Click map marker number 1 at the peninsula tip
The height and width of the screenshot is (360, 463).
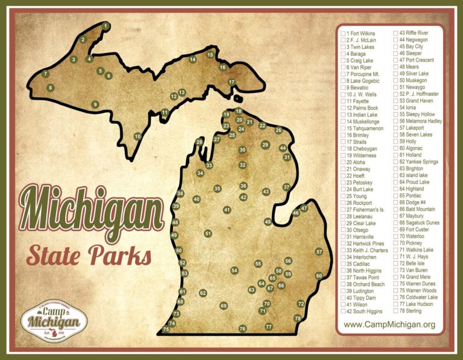(x=106, y=26)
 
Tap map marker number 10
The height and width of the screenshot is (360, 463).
(x=137, y=136)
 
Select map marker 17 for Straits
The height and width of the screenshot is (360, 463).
(x=231, y=82)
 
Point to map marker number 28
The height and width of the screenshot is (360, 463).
(x=199, y=142)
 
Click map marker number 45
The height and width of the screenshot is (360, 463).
(x=268, y=222)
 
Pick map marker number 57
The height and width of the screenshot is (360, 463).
(x=319, y=251)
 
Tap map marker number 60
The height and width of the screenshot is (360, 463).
(x=319, y=276)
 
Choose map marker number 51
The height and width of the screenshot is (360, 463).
(x=207, y=233)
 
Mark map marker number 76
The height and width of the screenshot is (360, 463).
(x=242, y=329)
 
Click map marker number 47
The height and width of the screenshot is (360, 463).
(x=304, y=209)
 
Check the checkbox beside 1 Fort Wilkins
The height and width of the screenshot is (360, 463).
(x=342, y=33)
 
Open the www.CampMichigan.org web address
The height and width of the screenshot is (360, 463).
(x=389, y=325)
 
